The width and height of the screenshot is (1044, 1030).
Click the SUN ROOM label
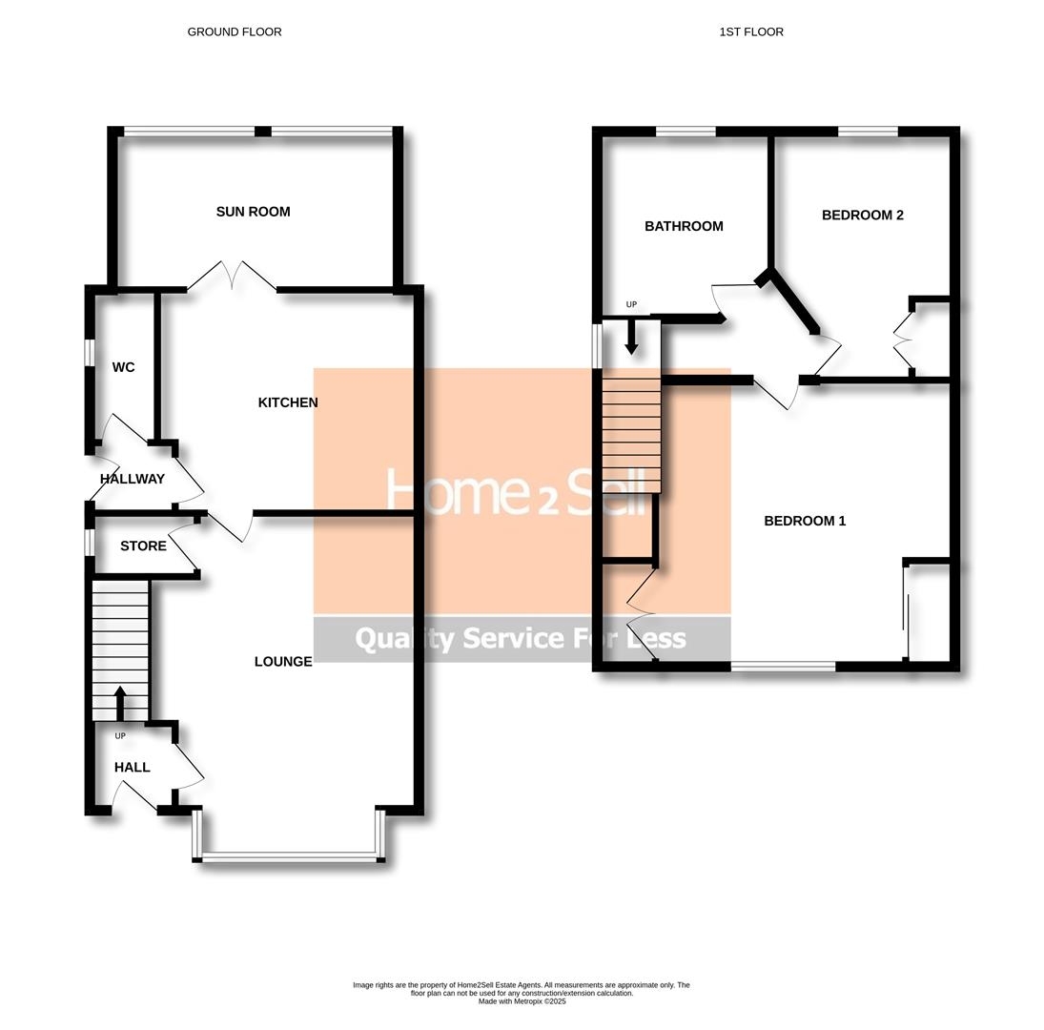point(253,212)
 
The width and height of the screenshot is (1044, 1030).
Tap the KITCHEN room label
point(288,402)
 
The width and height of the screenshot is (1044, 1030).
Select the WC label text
point(123,367)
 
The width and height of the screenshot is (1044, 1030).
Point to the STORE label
point(143,546)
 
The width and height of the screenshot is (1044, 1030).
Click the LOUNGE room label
point(283,662)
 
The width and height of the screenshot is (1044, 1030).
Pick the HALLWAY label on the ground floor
point(133,479)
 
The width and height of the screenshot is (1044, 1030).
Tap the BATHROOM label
point(684,226)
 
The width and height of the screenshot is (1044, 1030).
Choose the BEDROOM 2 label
point(862,216)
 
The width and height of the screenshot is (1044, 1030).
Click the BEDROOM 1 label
point(805,521)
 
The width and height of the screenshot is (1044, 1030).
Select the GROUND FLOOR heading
point(235,31)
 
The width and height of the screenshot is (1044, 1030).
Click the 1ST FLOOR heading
point(751,31)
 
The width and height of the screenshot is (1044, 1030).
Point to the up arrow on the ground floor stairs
point(120,702)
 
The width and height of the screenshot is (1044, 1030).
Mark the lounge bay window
point(290,857)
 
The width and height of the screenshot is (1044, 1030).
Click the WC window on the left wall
point(89,352)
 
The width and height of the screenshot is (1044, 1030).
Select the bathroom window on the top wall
point(686,132)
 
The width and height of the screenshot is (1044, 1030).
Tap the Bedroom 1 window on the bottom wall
point(783,667)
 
